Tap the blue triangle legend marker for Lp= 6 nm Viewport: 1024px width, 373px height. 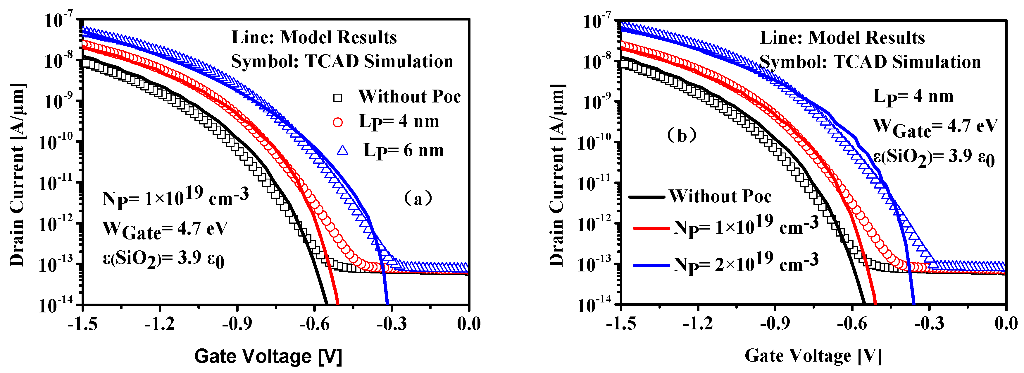pyautogui.click(x=343, y=150)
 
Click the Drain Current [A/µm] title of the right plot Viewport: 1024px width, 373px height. pyautogui.click(x=557, y=175)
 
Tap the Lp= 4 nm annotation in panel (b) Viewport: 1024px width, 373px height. pyautogui.click(x=913, y=97)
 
